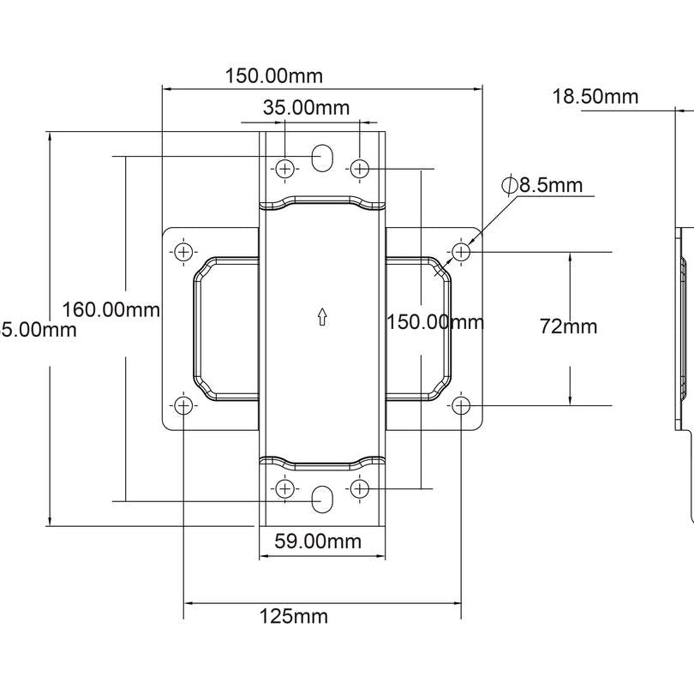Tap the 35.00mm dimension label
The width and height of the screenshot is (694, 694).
pyautogui.click(x=306, y=108)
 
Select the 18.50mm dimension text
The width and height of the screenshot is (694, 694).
pyautogui.click(x=595, y=96)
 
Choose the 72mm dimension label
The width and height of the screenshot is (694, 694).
pyautogui.click(x=568, y=326)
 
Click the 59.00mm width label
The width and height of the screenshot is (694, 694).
pyautogui.click(x=317, y=541)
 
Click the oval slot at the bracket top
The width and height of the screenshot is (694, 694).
pyautogui.click(x=322, y=158)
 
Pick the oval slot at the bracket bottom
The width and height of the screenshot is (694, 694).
pyautogui.click(x=322, y=500)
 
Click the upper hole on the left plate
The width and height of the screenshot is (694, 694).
pyautogui.click(x=183, y=252)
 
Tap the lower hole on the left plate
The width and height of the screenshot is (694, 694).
pyautogui.click(x=183, y=405)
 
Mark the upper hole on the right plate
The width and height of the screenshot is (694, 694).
pyautogui.click(x=461, y=252)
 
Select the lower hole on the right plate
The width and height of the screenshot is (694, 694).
pyautogui.click(x=461, y=405)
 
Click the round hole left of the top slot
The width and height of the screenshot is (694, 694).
pyautogui.click(x=285, y=168)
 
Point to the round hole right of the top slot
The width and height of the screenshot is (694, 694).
pyautogui.click(x=360, y=168)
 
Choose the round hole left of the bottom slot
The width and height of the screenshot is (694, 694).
pyautogui.click(x=285, y=488)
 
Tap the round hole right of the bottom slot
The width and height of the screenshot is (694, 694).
pyautogui.click(x=360, y=488)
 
